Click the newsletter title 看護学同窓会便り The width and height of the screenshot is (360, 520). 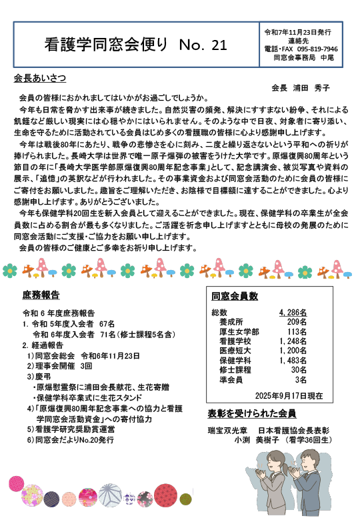[x=107, y=45]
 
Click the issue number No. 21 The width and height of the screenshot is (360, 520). [x=203, y=45]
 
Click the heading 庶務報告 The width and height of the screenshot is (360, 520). [x=41, y=295]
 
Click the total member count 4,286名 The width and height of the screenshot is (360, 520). [x=293, y=312]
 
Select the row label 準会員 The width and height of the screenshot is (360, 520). [x=230, y=379]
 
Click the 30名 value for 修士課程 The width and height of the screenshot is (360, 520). [x=298, y=369]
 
